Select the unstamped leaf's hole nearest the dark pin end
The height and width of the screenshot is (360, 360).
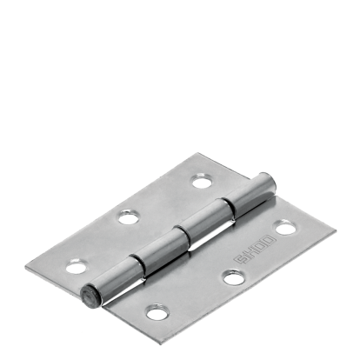tap(77, 267)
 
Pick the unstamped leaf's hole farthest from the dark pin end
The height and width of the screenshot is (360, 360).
tap(202, 182)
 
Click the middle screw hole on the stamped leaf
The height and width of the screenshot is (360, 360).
tap(232, 277)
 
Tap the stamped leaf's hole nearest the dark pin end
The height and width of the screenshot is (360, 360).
tap(157, 310)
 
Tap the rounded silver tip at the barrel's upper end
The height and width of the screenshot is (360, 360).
tap(269, 182)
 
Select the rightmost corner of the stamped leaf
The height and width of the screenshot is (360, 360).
tap(335, 233)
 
